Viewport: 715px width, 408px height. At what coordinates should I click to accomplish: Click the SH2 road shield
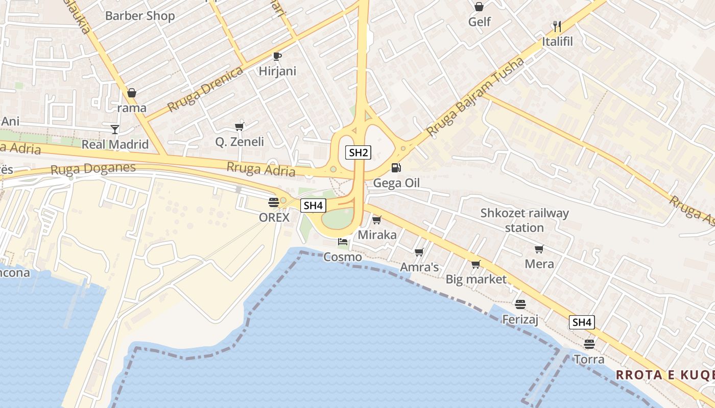pos(358,152)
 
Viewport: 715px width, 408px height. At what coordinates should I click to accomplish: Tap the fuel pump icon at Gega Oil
pos(396,167)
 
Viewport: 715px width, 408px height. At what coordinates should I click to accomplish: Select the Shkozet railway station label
pos(525,220)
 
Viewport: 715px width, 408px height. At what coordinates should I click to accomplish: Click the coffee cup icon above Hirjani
pos(277,56)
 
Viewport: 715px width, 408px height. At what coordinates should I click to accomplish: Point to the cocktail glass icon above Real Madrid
pos(115,129)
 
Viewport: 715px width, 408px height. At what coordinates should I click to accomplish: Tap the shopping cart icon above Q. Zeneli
pos(239,126)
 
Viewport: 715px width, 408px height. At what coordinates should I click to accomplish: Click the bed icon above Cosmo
pos(342,242)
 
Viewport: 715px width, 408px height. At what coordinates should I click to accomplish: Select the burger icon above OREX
pos(273,202)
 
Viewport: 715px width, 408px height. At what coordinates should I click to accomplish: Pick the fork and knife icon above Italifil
pos(557,26)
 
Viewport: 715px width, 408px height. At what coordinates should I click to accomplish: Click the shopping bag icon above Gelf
pos(479,7)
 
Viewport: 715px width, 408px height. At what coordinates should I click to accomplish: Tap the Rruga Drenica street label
pos(205,89)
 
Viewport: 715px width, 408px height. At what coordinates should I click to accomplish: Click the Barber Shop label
pos(140,16)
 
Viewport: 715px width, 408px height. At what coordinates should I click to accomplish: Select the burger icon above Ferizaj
pos(520,304)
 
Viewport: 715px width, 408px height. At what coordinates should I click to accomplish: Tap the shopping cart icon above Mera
pos(539,249)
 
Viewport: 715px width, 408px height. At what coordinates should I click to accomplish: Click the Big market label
pos(476,279)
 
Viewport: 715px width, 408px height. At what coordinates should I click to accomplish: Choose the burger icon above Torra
pos(589,344)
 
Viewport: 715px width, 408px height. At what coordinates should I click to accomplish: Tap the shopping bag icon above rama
pos(132,93)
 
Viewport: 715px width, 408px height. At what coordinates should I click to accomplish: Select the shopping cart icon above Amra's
pos(419,252)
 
